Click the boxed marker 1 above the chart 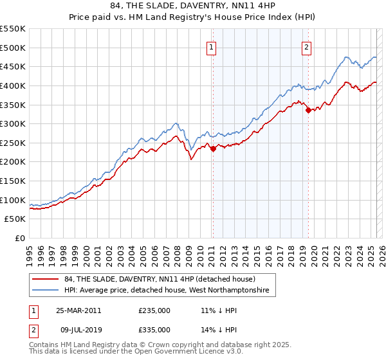click(x=212, y=46)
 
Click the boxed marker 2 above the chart click(x=307, y=46)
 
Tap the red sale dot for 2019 click(x=308, y=111)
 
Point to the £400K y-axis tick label click(x=13, y=85)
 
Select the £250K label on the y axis click(x=13, y=143)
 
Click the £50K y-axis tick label click(x=15, y=219)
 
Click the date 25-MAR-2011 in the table click(x=78, y=310)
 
